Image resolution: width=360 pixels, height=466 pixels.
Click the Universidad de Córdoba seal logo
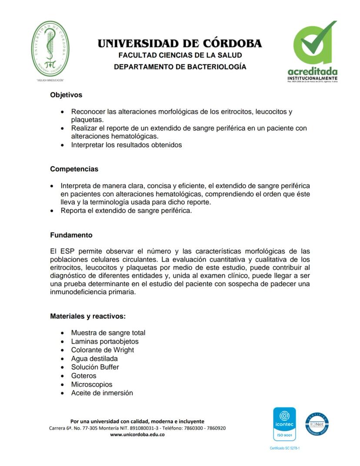coord(50,49)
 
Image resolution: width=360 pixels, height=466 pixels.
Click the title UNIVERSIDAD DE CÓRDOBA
coord(180,44)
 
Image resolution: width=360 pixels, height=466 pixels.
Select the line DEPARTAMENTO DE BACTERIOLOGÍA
coord(180,67)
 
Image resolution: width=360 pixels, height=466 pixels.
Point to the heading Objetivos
coord(66,94)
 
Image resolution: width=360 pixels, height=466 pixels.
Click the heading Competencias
coord(74,169)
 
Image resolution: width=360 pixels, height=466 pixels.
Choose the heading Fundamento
coord(71,235)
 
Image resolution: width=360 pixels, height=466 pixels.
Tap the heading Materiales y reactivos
coord(88,316)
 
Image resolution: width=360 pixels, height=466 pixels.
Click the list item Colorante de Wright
coord(103,350)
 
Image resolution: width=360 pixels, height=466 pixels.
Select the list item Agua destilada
coord(94,359)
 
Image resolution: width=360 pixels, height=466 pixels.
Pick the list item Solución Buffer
coord(95,367)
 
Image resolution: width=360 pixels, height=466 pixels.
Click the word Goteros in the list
coord(83,376)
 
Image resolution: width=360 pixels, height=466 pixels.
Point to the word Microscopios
coord(92,385)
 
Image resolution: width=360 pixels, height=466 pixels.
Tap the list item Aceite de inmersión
coord(102,393)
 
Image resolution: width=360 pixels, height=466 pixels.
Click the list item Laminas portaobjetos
coord(105,342)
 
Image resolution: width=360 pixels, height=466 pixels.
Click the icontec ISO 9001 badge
coord(284,424)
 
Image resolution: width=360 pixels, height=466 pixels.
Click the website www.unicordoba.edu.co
coord(137,435)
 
